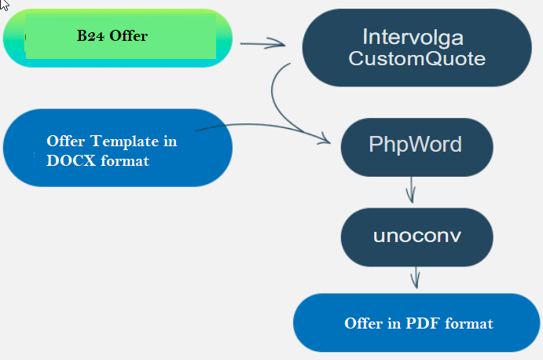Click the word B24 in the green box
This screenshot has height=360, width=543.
90,35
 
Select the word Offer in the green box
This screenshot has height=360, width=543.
128,35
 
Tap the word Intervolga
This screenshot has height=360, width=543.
413,38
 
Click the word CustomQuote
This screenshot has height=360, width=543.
417,58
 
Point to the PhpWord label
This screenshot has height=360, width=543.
415,144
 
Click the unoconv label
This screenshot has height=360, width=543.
417,236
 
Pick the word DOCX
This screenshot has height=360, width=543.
71,160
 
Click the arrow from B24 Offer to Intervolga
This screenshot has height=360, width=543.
262,44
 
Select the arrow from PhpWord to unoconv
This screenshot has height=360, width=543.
411,190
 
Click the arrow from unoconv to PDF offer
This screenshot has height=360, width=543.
416,277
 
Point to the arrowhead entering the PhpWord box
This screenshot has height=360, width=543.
325,138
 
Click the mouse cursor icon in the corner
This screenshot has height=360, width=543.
4,5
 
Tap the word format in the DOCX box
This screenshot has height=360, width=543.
125,161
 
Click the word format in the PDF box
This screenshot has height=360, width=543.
469,323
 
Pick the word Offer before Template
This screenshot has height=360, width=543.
66,141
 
